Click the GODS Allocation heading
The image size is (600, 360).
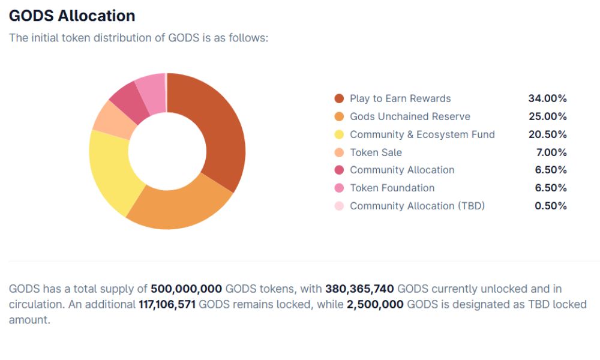72,16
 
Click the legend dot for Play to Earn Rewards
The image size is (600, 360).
339,98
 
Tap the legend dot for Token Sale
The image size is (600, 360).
339,152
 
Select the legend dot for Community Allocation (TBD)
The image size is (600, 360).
339,206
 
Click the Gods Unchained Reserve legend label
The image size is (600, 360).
410,116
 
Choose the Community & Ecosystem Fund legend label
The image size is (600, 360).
422,134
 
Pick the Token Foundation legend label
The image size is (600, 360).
392,188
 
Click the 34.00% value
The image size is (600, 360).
547,98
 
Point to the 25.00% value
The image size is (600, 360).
547,116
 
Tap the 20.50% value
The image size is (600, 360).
547,134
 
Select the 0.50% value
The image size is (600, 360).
550,206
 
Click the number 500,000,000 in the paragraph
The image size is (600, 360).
186,289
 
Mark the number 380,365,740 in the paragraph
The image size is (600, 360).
359,289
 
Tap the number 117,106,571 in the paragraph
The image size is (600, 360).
167,304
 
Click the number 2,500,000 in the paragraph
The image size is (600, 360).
375,304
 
